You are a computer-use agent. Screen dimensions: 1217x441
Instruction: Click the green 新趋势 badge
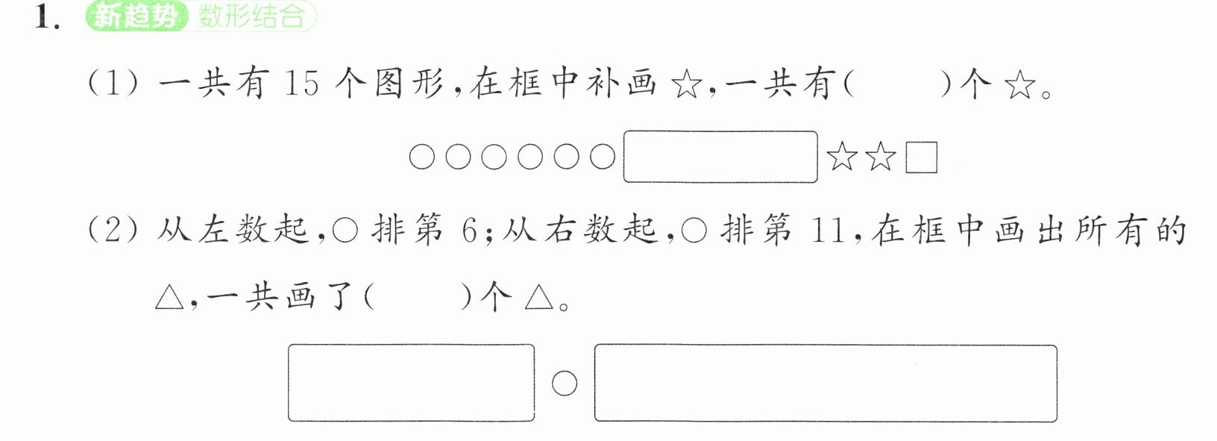[x=136, y=16]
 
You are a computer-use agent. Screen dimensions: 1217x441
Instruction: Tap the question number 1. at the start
[x=47, y=17]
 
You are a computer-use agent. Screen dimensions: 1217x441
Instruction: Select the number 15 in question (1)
[x=301, y=84]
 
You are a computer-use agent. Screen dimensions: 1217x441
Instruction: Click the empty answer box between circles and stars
[x=720, y=157]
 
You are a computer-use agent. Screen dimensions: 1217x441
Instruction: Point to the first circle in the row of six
[x=422, y=157]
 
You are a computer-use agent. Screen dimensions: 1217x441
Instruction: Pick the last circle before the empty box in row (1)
[x=602, y=157]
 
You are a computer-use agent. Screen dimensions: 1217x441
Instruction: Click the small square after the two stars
[x=922, y=157]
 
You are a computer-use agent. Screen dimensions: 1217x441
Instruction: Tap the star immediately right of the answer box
[x=842, y=157]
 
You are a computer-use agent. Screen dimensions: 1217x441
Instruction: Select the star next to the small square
[x=880, y=157]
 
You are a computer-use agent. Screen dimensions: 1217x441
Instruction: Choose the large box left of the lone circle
[x=412, y=383]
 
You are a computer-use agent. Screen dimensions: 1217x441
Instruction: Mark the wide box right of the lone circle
[x=826, y=383]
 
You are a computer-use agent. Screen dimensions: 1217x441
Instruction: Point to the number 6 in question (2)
[x=469, y=231]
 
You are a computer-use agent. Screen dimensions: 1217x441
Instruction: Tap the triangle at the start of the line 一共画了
[x=169, y=298]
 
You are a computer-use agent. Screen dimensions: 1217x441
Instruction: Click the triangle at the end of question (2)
[x=539, y=298]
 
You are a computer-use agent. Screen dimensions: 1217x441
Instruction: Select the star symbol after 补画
[x=687, y=86]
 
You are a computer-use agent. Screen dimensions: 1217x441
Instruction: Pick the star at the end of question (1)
[x=1019, y=86]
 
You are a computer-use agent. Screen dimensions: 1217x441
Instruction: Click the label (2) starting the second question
[x=113, y=231]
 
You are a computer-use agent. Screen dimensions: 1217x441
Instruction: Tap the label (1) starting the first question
[x=113, y=84]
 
